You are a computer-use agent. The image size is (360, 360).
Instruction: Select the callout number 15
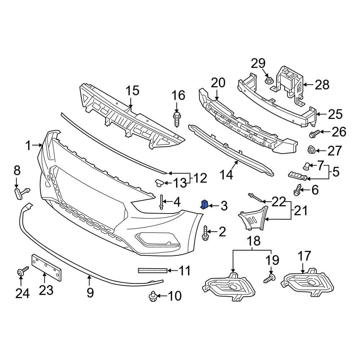132,90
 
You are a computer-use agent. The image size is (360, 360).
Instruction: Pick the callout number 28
322,85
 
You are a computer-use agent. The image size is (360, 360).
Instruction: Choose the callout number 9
90,292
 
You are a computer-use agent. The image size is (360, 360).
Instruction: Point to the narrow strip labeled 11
153,270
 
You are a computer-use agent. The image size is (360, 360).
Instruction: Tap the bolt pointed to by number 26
313,134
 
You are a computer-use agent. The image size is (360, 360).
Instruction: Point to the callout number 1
28,146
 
